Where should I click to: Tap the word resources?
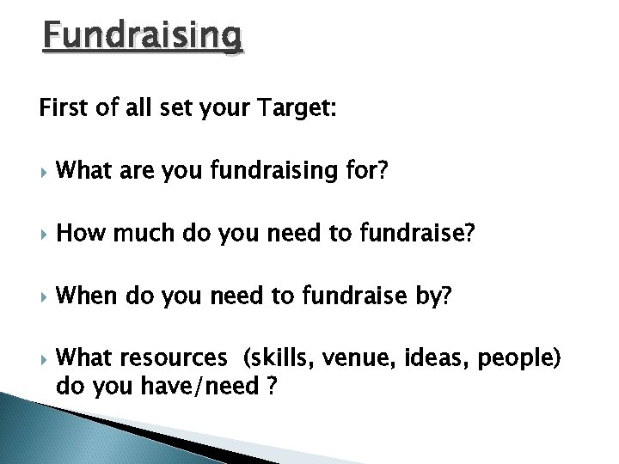coord(172,357)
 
